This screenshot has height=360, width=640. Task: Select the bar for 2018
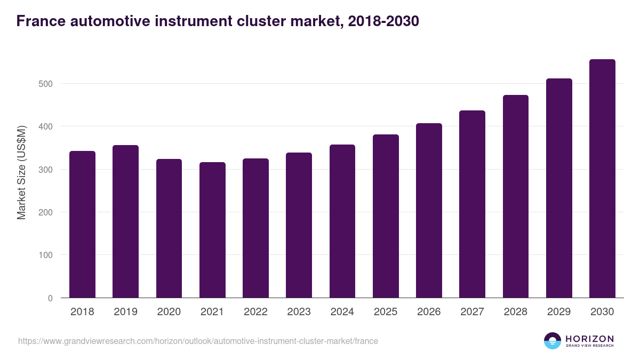click(x=82, y=225)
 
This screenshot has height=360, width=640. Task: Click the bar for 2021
click(x=212, y=230)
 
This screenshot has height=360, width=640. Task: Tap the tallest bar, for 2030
click(x=602, y=179)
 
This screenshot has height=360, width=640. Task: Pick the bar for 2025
click(x=386, y=216)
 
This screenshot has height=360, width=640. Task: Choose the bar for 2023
click(x=299, y=225)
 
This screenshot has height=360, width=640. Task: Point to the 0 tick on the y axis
click(x=50, y=298)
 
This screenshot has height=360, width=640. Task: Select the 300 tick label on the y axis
click(x=46, y=170)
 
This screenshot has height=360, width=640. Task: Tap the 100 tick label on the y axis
click(x=46, y=255)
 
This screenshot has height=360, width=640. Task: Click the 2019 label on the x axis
click(x=125, y=312)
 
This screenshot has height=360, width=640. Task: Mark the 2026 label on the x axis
click(x=429, y=312)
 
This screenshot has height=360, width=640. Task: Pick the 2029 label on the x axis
click(x=559, y=312)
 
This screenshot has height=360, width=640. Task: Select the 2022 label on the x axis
click(x=255, y=312)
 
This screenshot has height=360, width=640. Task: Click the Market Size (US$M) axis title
click(x=21, y=172)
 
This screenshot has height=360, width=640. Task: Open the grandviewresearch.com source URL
click(x=198, y=341)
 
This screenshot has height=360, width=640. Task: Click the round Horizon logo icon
click(x=553, y=341)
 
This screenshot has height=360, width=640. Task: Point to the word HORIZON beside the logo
click(x=589, y=338)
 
